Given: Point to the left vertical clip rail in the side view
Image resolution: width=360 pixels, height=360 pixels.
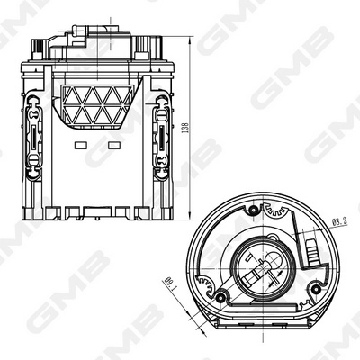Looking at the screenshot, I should (33, 135).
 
